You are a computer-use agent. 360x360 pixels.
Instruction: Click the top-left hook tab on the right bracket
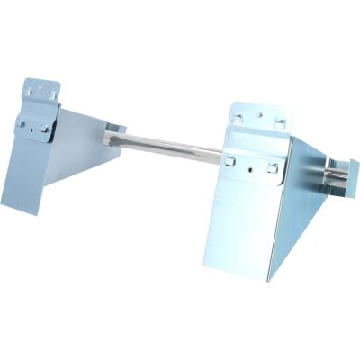(x=237, y=119)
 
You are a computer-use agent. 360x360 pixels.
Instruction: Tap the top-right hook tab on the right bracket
(x=280, y=122)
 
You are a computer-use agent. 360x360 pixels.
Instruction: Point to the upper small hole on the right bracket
(x=259, y=115)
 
